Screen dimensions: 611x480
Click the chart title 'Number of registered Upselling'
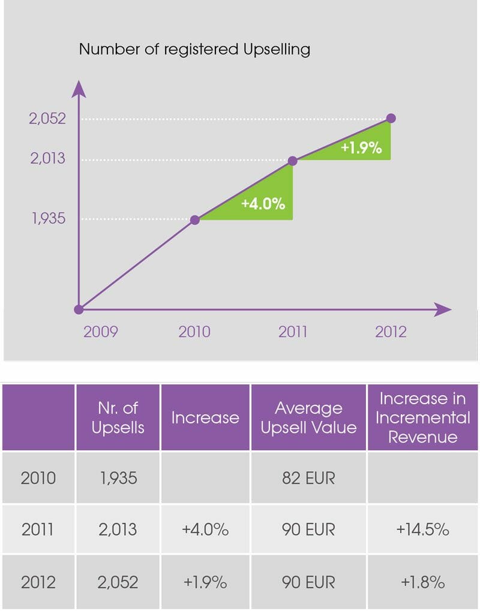tap(194, 49)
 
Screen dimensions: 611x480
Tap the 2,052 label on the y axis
tap(47, 119)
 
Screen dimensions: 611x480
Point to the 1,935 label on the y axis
tap(49, 219)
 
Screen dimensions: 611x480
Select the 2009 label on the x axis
tap(100, 332)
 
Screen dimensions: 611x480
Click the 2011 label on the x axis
tap(293, 332)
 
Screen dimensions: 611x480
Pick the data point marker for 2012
tap(391, 118)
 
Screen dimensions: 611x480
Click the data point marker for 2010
tap(194, 220)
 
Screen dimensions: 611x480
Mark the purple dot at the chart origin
tap(78, 309)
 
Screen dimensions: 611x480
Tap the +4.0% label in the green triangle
tap(263, 203)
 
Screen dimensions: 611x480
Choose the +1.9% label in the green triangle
tap(361, 148)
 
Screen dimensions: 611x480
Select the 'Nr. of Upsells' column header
tap(118, 417)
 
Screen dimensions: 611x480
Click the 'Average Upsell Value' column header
tap(308, 417)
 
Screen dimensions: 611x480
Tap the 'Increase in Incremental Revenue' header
tap(423, 417)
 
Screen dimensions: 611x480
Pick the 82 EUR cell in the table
tap(308, 478)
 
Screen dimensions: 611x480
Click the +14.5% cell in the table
tap(423, 529)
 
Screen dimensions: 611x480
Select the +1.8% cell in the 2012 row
tap(423, 582)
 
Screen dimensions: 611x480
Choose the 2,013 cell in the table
tap(118, 529)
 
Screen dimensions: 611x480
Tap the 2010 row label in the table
tap(38, 478)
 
